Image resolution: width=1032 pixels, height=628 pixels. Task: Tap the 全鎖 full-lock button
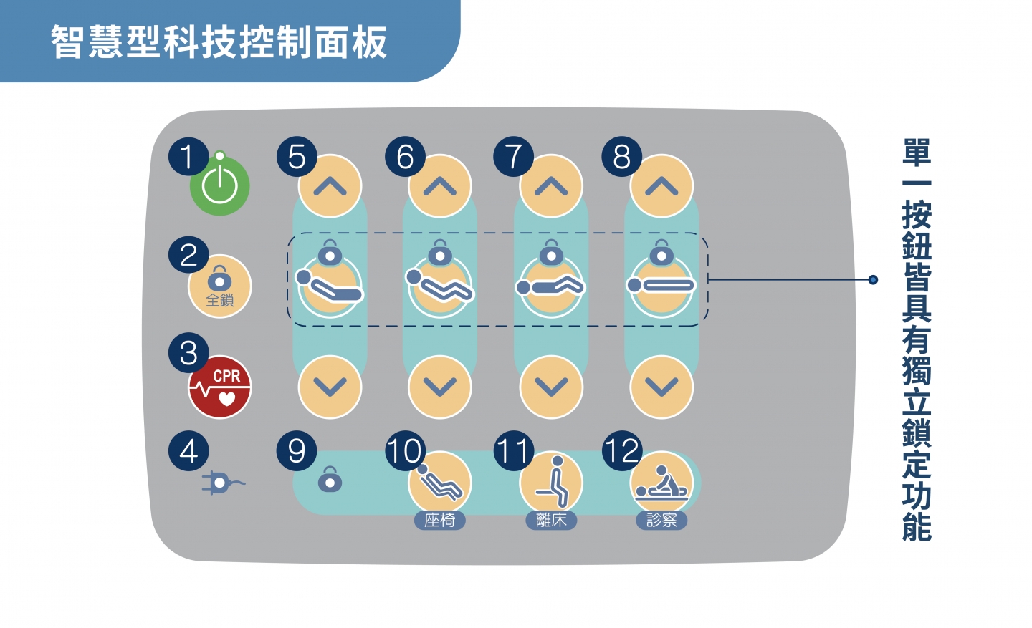click(x=220, y=286)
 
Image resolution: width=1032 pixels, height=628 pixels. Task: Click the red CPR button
click(x=220, y=387)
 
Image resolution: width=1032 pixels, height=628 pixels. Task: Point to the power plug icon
click(x=223, y=483)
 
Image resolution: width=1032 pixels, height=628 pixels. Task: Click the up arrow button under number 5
click(x=330, y=186)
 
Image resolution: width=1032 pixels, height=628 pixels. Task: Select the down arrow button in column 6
click(x=440, y=387)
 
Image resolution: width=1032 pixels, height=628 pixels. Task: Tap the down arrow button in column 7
click(x=551, y=387)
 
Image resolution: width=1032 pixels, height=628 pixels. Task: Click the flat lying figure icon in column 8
click(x=661, y=286)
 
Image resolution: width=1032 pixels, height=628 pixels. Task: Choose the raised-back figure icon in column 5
click(x=329, y=286)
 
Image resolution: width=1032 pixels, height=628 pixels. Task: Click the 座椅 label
click(x=439, y=521)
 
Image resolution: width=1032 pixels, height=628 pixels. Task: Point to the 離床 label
click(x=551, y=521)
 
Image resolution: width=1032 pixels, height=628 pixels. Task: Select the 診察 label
click(x=661, y=521)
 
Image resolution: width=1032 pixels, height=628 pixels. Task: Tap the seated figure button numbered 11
click(x=551, y=483)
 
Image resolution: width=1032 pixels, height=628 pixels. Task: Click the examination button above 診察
click(x=661, y=483)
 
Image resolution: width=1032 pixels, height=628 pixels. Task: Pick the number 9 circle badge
click(x=297, y=450)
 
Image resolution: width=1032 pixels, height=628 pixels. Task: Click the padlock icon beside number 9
click(x=330, y=479)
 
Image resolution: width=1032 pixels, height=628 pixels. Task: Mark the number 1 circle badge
click(x=188, y=157)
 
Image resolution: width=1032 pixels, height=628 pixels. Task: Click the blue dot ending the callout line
click(x=873, y=279)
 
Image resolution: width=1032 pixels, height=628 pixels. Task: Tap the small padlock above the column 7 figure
click(x=551, y=252)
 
